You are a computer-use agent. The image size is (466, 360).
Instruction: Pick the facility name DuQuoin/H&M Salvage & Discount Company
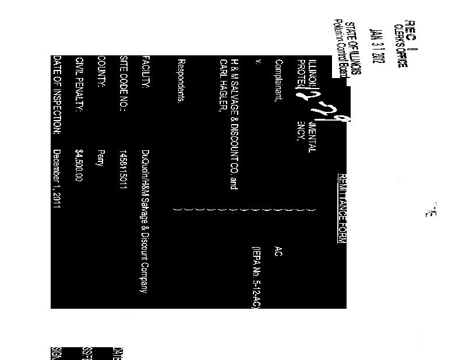146,221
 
